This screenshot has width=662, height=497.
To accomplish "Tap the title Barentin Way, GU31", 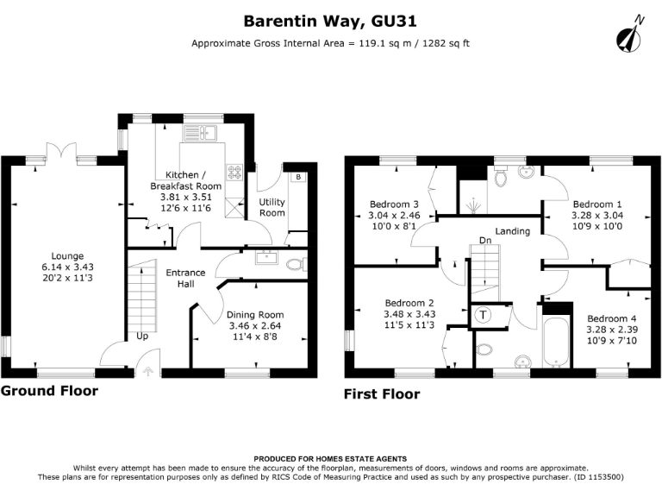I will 331,20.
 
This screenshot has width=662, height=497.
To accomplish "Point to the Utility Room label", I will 272,206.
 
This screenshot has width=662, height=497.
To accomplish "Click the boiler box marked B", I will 298,177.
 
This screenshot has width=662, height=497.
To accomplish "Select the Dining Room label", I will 254,315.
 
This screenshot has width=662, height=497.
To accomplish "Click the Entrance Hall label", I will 185,278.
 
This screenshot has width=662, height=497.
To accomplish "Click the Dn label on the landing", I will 486,241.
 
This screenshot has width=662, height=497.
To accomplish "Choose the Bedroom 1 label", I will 597,193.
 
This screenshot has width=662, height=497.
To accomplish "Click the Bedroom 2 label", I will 409,303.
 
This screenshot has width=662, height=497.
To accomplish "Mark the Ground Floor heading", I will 49,391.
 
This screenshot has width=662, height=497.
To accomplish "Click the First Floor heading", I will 382,394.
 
